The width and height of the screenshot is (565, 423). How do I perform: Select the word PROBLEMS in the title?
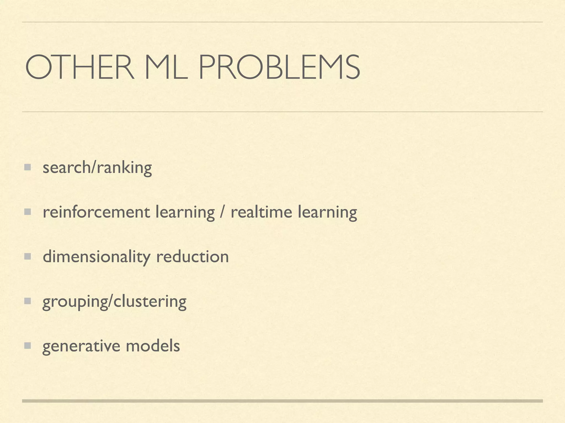(x=279, y=67)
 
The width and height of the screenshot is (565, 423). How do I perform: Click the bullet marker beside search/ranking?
(x=27, y=167)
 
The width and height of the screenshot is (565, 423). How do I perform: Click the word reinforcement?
(x=97, y=212)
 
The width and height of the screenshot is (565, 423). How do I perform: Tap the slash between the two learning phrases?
(x=223, y=212)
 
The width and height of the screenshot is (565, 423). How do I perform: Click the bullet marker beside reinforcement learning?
(x=27, y=212)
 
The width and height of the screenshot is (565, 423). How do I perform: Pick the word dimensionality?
(x=97, y=257)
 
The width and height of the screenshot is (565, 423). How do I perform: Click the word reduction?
(x=193, y=257)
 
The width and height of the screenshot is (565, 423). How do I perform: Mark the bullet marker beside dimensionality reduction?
(x=27, y=257)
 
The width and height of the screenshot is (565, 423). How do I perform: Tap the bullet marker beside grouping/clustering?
(x=27, y=301)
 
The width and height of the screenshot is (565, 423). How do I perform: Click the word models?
(x=153, y=346)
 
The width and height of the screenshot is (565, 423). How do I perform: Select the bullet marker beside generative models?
(x=27, y=346)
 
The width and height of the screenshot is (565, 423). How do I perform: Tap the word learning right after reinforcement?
(x=185, y=213)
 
